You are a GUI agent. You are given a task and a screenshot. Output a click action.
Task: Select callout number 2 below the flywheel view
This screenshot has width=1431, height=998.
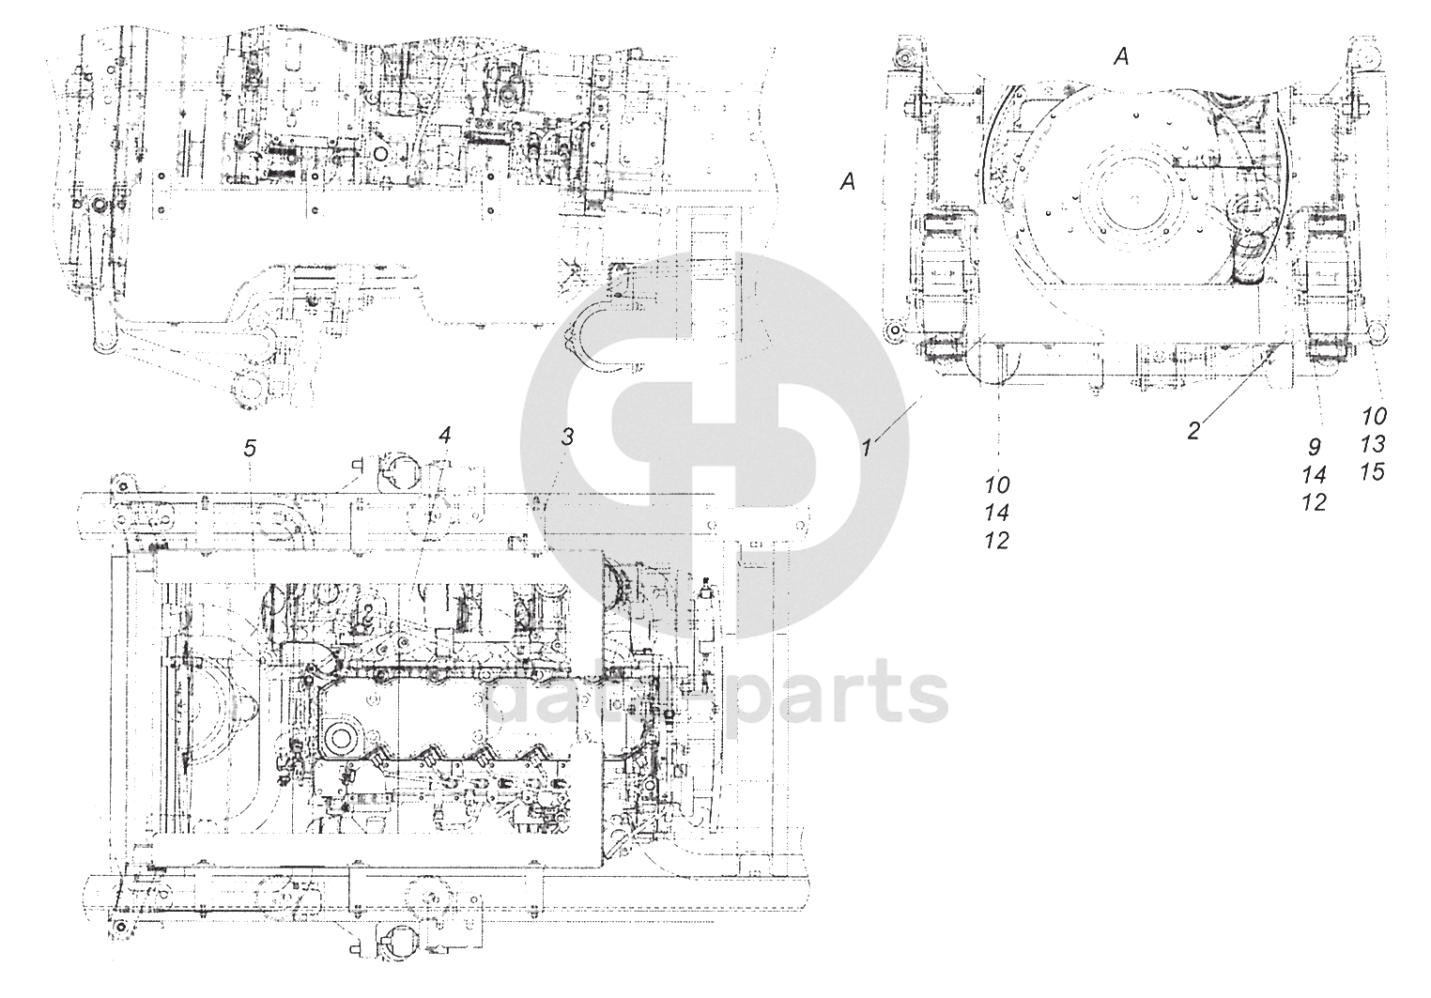point(1192,431)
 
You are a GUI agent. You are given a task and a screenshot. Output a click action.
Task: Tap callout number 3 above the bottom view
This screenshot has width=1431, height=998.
point(566,436)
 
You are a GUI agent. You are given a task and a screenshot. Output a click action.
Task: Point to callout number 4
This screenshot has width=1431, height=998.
point(444,436)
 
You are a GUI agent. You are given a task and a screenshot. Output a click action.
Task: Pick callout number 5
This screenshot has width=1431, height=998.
point(249,448)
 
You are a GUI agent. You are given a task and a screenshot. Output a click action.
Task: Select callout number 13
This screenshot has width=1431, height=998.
point(1373,443)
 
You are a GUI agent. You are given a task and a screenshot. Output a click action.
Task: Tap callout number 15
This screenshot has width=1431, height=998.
point(1373,471)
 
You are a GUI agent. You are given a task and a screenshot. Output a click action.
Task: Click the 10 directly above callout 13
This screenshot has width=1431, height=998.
point(1373,415)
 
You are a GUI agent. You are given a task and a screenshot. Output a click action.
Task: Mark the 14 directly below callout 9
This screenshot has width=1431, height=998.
point(1315,475)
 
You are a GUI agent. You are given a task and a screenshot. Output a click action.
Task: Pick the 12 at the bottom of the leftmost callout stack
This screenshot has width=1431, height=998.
point(997,541)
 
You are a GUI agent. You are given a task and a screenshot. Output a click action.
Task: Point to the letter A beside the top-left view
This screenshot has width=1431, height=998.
point(847,184)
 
